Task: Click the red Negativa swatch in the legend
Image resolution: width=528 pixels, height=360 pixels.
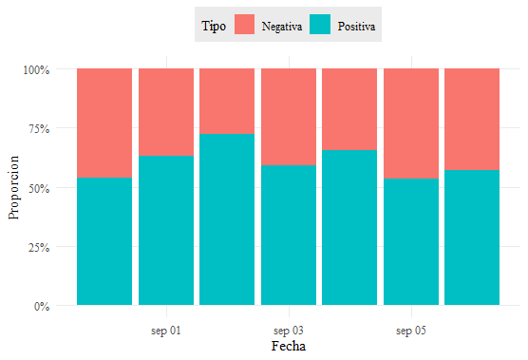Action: pyautogui.click(x=244, y=25)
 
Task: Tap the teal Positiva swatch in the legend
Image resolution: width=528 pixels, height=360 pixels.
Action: pyautogui.click(x=320, y=25)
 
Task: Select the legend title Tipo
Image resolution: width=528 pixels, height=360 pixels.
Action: pyautogui.click(x=214, y=26)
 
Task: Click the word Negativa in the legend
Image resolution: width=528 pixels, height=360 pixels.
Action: pyautogui.click(x=282, y=27)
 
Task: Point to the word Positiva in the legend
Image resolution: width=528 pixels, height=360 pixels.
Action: pyautogui.click(x=356, y=26)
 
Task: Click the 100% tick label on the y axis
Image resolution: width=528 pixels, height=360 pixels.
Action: pyautogui.click(x=36, y=69)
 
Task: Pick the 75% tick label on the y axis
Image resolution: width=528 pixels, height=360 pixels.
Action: pyautogui.click(x=39, y=128)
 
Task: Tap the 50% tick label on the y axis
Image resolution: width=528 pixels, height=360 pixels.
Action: pyautogui.click(x=39, y=188)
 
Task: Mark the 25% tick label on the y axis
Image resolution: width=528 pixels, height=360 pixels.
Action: pyautogui.click(x=39, y=248)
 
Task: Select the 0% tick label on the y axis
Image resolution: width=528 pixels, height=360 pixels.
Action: pyautogui.click(x=42, y=307)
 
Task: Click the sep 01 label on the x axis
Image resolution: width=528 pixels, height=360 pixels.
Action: pyautogui.click(x=166, y=331)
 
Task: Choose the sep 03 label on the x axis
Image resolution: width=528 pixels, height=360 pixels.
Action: pyautogui.click(x=289, y=331)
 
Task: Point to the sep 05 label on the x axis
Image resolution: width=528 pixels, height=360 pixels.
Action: pyautogui.click(x=411, y=331)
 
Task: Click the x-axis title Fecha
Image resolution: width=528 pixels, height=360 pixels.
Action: pyautogui.click(x=289, y=346)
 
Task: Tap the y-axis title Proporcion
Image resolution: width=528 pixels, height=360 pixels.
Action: pyautogui.click(x=13, y=187)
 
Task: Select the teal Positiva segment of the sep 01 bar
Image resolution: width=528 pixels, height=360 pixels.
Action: pyautogui.click(x=166, y=231)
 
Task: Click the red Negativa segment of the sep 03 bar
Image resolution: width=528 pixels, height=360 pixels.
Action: pyautogui.click(x=289, y=117)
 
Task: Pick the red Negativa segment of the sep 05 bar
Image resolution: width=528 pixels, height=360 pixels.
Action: pyautogui.click(x=411, y=123)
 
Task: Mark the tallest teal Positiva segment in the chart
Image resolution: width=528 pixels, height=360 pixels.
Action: pyautogui.click(x=227, y=219)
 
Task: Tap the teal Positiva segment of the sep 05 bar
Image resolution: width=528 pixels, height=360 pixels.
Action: pyautogui.click(x=411, y=242)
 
